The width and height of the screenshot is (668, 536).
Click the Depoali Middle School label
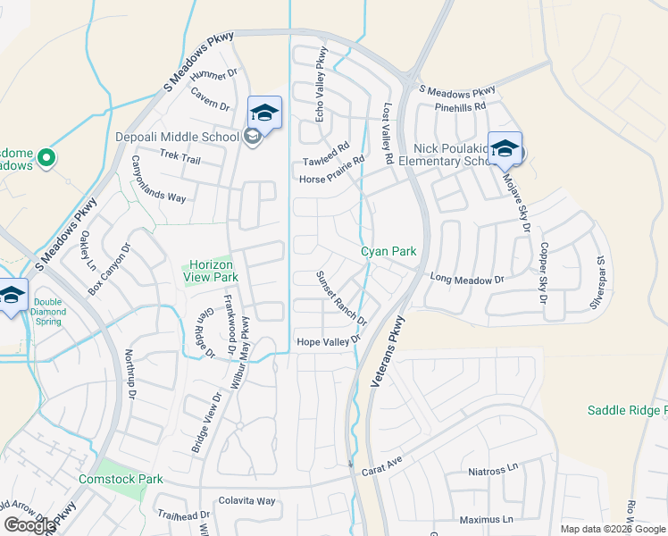pos(177,137)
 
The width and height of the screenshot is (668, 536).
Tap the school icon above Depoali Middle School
pos(264,113)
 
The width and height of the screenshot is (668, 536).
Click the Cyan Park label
pos(388,252)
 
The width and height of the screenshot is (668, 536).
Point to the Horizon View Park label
pos(210,271)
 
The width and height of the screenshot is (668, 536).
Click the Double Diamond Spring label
pos(49,308)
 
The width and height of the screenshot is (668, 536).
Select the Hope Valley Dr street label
pos(327,340)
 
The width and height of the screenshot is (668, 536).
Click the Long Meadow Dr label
pos(467,280)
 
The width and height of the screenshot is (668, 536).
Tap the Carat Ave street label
pos(383,465)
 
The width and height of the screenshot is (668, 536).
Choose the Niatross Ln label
pos(493,469)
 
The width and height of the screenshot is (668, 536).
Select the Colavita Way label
pos(247,501)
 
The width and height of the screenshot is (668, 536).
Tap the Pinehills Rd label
pos(459,106)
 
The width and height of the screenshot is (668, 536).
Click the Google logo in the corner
pos(29,525)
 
